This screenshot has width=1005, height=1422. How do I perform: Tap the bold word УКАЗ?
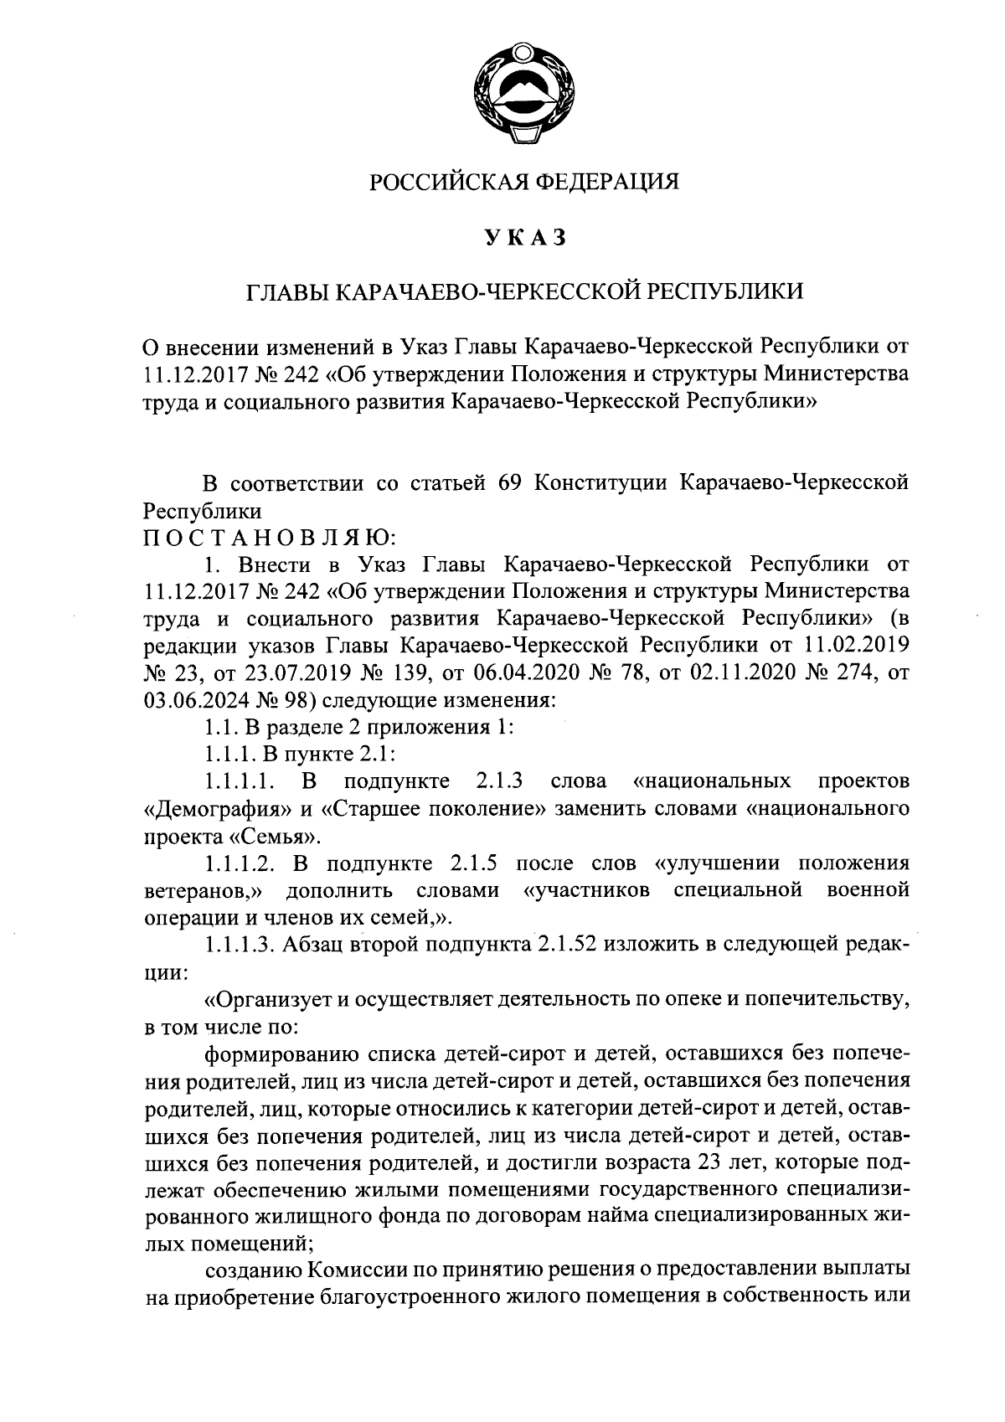pos(525,238)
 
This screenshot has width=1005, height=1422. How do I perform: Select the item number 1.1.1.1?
pos(240,782)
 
